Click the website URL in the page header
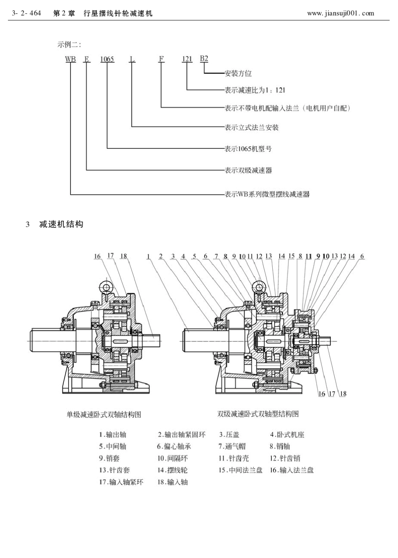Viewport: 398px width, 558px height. coord(340,13)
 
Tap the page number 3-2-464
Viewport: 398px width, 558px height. coord(27,13)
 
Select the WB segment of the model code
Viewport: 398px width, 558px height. coord(70,59)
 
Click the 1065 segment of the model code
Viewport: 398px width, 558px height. coord(107,59)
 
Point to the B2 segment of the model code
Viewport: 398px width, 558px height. coord(204,58)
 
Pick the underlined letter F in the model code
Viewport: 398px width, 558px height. coord(161,59)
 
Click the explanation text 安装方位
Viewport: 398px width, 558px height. coord(238,73)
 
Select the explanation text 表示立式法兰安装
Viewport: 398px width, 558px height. coord(251,127)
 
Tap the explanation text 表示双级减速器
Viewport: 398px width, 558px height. coord(248,170)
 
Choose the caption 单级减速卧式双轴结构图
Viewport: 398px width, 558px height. coord(104,414)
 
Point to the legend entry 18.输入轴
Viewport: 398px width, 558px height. coord(172,482)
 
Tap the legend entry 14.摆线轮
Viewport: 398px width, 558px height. coord(172,470)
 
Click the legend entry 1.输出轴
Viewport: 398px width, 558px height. coord(112,435)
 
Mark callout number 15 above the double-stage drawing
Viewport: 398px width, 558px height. coord(292,256)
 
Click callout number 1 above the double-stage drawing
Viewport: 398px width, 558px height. coord(149,256)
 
